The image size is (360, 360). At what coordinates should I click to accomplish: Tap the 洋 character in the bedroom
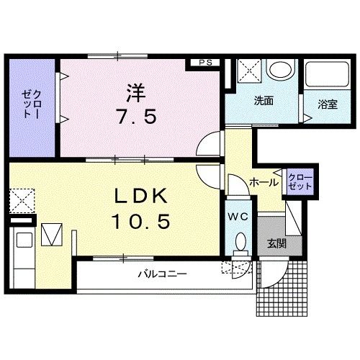pos(136,93)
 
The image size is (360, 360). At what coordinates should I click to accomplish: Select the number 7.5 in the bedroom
pos(136,117)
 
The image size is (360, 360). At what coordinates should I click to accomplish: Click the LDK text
pos(141,197)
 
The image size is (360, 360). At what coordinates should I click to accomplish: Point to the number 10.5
pos(141,222)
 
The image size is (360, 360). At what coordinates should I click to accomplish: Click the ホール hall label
pos(264,183)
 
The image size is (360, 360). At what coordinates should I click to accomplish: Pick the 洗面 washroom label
pos(264,102)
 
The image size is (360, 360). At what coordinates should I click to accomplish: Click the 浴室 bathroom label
pos(328,105)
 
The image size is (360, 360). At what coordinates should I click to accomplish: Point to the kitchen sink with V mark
pos(52,235)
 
